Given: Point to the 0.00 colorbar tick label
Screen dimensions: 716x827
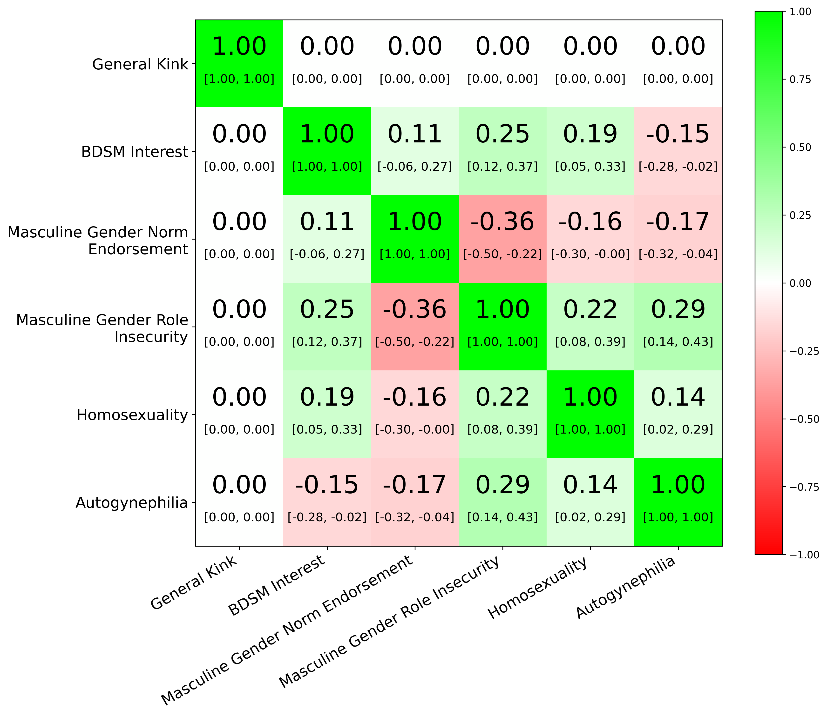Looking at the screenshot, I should [801, 283].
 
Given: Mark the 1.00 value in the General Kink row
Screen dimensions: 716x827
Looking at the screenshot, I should [239, 46].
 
